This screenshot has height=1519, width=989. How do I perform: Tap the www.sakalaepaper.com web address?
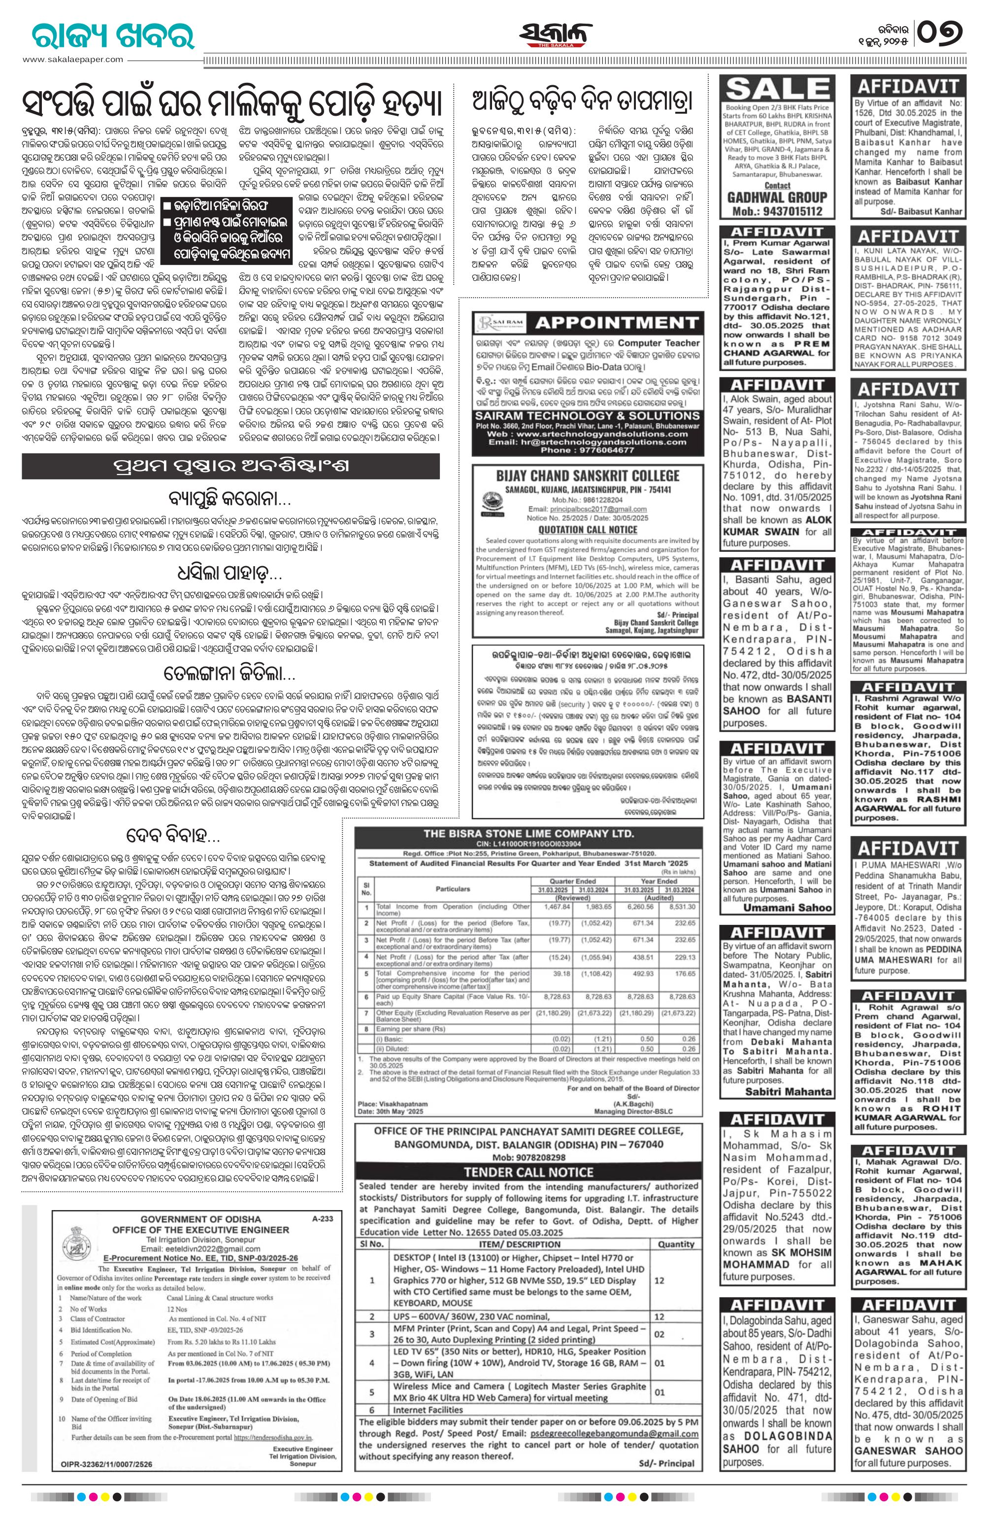(x=73, y=59)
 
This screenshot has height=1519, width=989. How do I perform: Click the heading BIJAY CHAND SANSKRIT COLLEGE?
(x=588, y=476)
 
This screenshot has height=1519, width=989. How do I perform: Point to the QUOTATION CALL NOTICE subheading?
(x=587, y=529)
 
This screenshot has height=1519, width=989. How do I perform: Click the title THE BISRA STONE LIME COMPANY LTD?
(x=528, y=834)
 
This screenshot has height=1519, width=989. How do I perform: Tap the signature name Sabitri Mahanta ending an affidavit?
(x=789, y=1091)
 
